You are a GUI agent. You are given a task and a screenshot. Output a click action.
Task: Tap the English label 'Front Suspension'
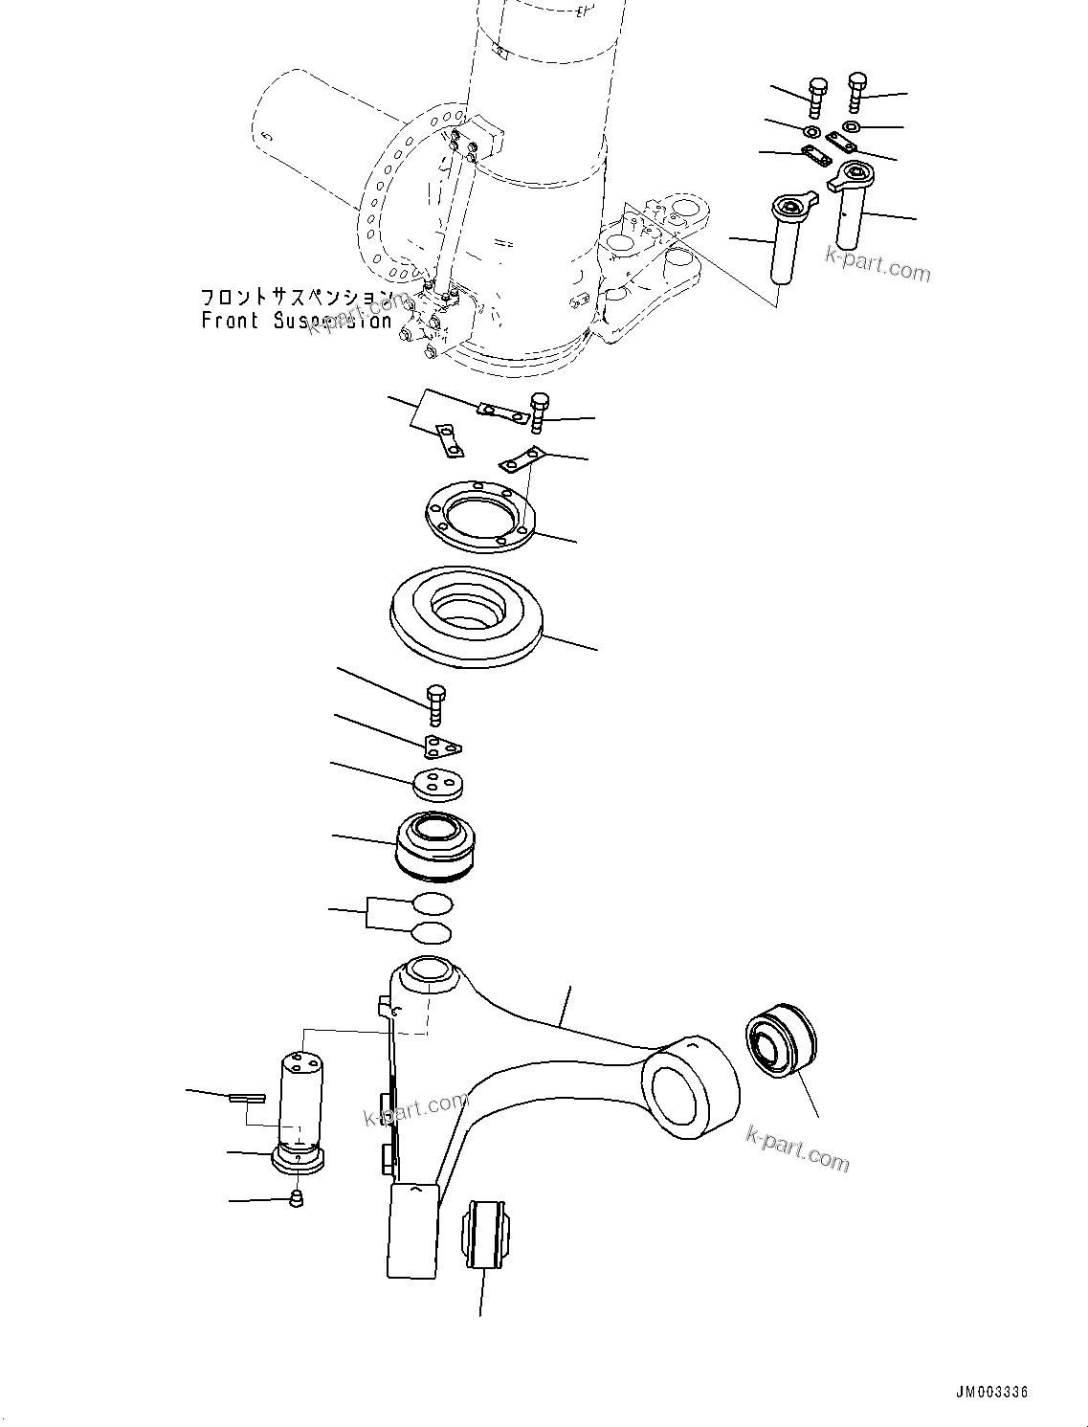pyautogui.click(x=296, y=322)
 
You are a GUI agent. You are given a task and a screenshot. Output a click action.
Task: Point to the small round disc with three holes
pyautogui.click(x=437, y=784)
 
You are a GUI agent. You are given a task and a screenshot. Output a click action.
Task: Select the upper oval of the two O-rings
pyautogui.click(x=432, y=903)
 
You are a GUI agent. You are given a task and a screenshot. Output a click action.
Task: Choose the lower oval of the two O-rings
pyautogui.click(x=432, y=932)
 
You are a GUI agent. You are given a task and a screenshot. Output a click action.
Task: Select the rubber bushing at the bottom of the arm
pyautogui.click(x=487, y=1234)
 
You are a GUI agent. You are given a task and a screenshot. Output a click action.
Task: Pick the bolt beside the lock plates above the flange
pyautogui.click(x=539, y=412)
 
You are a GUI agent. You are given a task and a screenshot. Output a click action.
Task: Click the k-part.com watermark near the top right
pyautogui.click(x=877, y=263)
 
